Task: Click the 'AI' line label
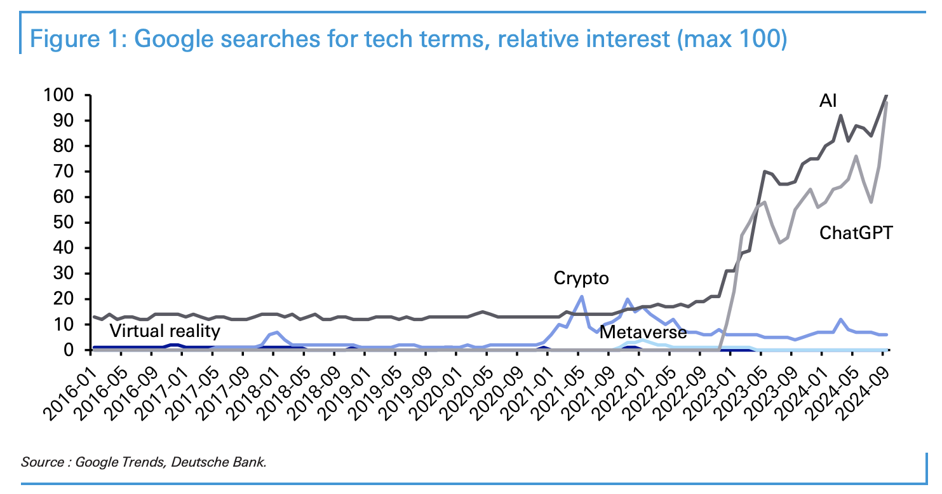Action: (x=827, y=100)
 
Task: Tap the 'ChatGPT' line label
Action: (x=856, y=233)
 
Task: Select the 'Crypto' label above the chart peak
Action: (x=581, y=278)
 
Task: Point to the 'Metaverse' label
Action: (x=643, y=332)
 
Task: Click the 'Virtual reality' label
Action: (x=165, y=331)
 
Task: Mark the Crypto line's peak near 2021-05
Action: (x=581, y=296)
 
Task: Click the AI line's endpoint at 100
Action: (x=887, y=95)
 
